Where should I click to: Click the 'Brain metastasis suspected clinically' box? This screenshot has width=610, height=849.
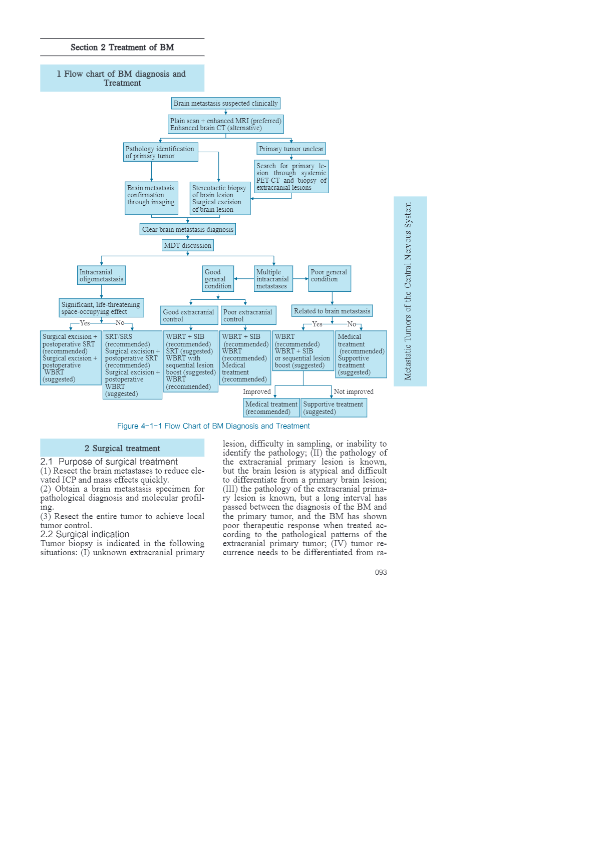click(225, 103)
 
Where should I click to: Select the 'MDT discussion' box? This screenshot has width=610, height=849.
click(188, 245)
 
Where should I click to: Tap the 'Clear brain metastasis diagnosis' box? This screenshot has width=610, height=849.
click(188, 229)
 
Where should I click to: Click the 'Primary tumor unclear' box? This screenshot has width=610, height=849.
click(291, 149)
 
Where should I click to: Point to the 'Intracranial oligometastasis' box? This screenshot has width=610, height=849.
click(101, 275)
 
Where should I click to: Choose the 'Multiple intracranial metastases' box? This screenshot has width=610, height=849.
click(273, 279)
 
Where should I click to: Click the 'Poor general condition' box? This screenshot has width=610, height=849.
click(329, 278)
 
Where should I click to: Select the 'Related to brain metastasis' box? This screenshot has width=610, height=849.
click(332, 311)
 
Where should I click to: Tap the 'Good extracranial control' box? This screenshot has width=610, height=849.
click(189, 315)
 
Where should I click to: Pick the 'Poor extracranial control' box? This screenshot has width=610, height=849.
click(248, 315)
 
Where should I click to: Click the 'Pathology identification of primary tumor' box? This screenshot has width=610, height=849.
click(160, 152)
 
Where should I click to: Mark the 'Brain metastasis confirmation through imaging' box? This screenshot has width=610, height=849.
click(151, 198)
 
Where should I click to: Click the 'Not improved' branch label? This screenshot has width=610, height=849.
click(354, 391)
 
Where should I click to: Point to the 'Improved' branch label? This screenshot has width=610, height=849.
click(256, 391)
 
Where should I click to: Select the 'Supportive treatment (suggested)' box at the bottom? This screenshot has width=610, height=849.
click(334, 407)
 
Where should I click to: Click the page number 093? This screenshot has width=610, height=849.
click(381, 572)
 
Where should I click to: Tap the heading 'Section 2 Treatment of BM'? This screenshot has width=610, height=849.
click(122, 47)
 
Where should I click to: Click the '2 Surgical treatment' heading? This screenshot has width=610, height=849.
click(122, 448)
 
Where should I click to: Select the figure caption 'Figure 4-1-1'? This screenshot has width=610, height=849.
click(213, 426)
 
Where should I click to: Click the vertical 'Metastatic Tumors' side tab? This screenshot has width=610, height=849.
click(410, 291)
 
